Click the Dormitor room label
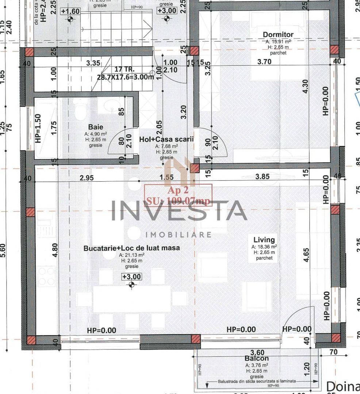pyautogui.click(x=278, y=35)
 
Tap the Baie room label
pyautogui.click(x=93, y=128)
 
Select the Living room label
pyautogui.click(x=264, y=240)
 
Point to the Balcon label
pyautogui.click(x=257, y=359)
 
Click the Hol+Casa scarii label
pyautogui.click(x=166, y=139)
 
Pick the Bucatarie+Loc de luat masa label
pyautogui.click(x=131, y=248)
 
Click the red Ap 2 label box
pyautogui.click(x=178, y=196)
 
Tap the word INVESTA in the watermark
pyautogui.click(x=179, y=211)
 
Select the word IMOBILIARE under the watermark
pyautogui.click(x=179, y=234)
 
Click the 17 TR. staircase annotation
pyautogui.click(x=125, y=69)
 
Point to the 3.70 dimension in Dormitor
pyautogui.click(x=264, y=62)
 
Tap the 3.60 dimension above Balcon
pyautogui.click(x=258, y=352)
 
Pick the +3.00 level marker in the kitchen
pyautogui.click(x=131, y=277)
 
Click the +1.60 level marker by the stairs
pyautogui.click(x=70, y=11)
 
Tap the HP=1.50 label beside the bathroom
pyautogui.click(x=38, y=128)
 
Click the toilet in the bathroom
pyautogui.click(x=79, y=109)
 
